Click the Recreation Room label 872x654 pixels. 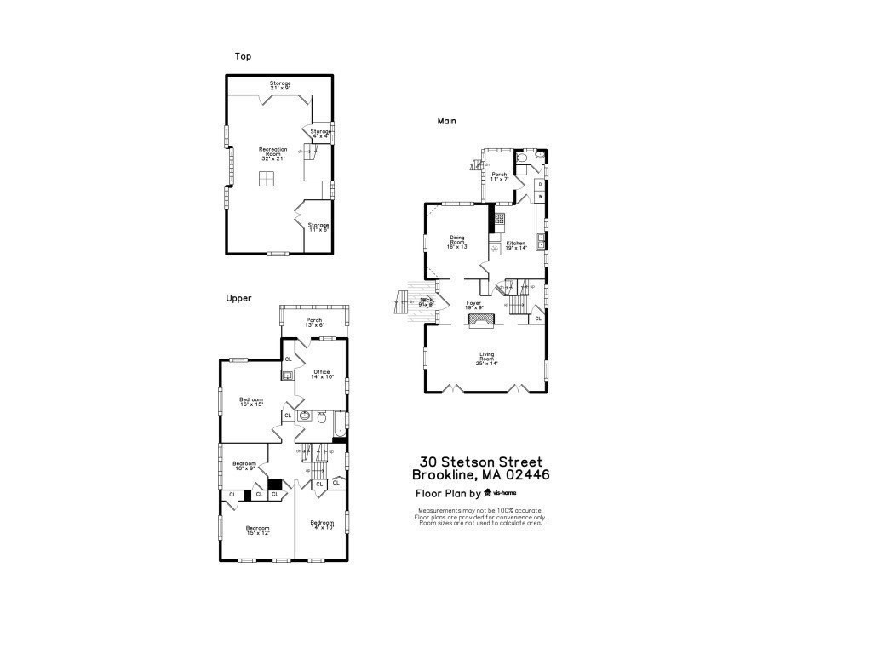tap(273, 153)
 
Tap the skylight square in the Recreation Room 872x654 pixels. tap(267, 178)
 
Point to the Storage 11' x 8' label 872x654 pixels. tap(318, 227)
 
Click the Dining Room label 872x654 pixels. tap(458, 242)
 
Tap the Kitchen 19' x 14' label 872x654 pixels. tap(516, 245)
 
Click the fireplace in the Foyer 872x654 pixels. tap(480, 320)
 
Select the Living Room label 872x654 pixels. tap(486, 359)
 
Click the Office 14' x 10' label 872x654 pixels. tap(322, 374)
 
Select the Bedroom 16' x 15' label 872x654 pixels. tap(251, 402)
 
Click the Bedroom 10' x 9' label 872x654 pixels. tap(244, 466)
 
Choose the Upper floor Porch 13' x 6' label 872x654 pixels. tap(314, 323)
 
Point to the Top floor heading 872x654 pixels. tap(243, 56)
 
